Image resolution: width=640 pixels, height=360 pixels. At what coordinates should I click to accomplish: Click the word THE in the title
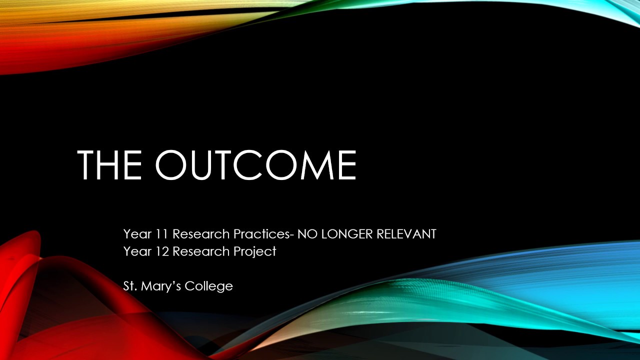[x=109, y=164]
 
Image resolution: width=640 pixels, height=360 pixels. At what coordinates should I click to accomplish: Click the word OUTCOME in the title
[x=255, y=164]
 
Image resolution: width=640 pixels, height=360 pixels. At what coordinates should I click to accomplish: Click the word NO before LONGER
[x=307, y=234]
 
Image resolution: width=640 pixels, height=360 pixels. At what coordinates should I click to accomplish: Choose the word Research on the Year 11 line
[x=201, y=234]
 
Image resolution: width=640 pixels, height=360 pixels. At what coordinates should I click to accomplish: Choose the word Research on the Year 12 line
[x=201, y=251]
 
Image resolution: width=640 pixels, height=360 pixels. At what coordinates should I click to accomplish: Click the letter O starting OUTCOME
[x=173, y=164]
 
